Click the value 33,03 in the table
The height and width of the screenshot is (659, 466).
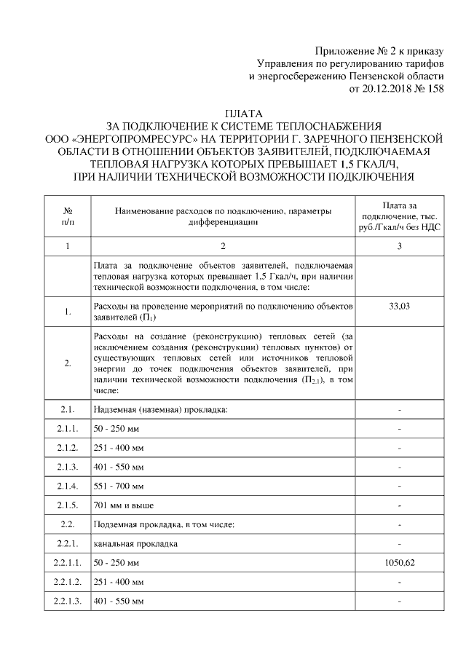coord(399,307)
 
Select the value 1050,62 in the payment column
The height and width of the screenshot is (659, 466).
coord(399,563)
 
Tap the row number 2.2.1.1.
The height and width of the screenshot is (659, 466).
coord(67,563)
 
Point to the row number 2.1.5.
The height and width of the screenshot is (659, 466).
coord(67,505)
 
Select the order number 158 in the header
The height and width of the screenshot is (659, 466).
coord(433,90)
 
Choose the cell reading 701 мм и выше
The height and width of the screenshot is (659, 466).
coord(123,505)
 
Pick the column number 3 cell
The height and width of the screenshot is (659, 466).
coord(399,247)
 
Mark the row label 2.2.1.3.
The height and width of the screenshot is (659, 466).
coord(67,601)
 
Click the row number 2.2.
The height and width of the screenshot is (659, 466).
coord(67,524)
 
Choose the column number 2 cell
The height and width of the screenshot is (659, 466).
coord(224,247)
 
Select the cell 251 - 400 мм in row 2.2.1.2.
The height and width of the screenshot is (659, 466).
coord(119,583)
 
